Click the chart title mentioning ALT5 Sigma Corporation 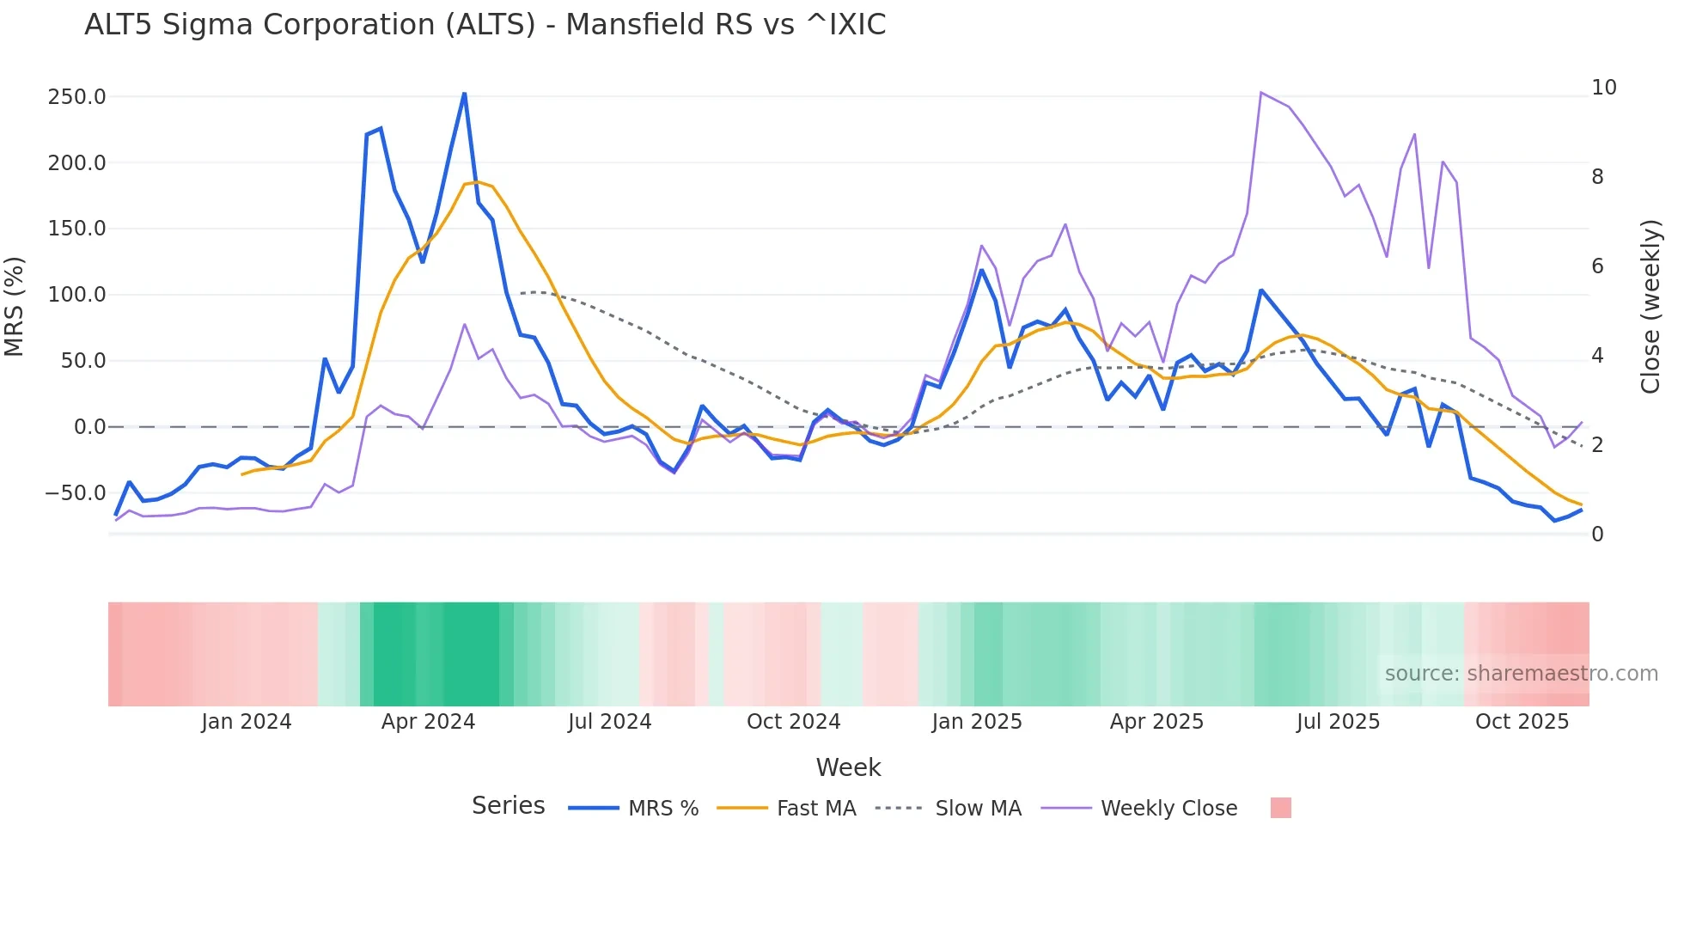485,25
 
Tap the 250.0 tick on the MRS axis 76,97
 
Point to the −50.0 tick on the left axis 75,493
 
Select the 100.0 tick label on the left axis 76,295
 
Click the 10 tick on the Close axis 1603,88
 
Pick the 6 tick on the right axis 1597,266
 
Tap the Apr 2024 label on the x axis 428,722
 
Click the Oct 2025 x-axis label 1522,722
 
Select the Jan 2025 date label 977,722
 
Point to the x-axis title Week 848,767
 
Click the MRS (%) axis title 15,306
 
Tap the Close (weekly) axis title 1650,306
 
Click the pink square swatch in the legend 1280,808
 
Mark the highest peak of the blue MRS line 465,94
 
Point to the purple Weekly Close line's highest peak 1260,93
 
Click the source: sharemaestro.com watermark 1521,674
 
